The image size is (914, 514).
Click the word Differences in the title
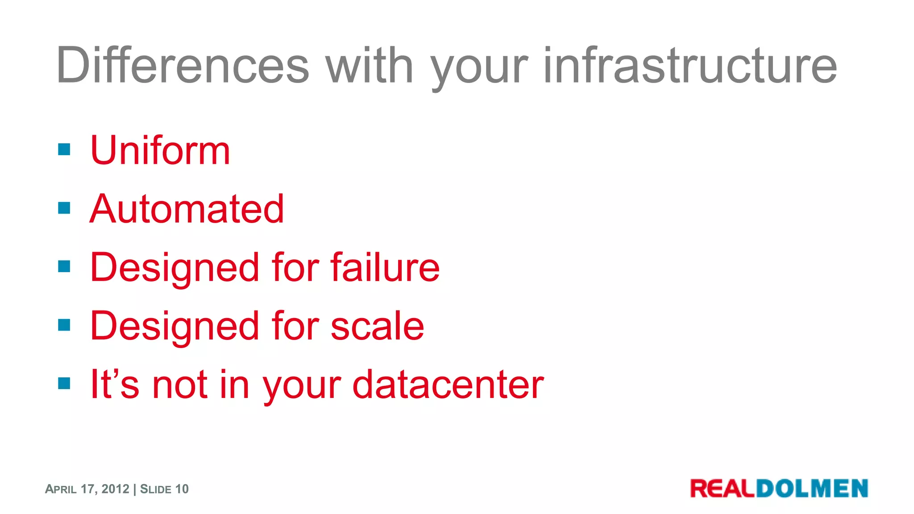tap(182, 65)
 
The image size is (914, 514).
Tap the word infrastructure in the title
tap(690, 65)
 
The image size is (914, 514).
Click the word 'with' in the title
tap(369, 65)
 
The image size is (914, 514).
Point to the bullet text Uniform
tap(160, 150)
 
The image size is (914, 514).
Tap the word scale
tap(377, 326)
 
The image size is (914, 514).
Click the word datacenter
tap(448, 384)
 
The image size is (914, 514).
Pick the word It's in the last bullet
tap(114, 384)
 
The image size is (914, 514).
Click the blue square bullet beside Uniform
tap(64, 149)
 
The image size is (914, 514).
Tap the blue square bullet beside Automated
tap(64, 208)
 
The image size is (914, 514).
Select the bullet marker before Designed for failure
tap(64, 266)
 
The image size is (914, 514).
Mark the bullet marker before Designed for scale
tap(64, 325)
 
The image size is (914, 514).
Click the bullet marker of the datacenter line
tap(64, 383)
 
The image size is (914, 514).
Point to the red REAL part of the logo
tap(723, 489)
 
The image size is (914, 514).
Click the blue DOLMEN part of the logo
tap(812, 489)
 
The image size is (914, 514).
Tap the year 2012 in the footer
tap(115, 489)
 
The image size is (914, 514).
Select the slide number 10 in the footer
tap(182, 489)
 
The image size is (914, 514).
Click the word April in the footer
tap(61, 489)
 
